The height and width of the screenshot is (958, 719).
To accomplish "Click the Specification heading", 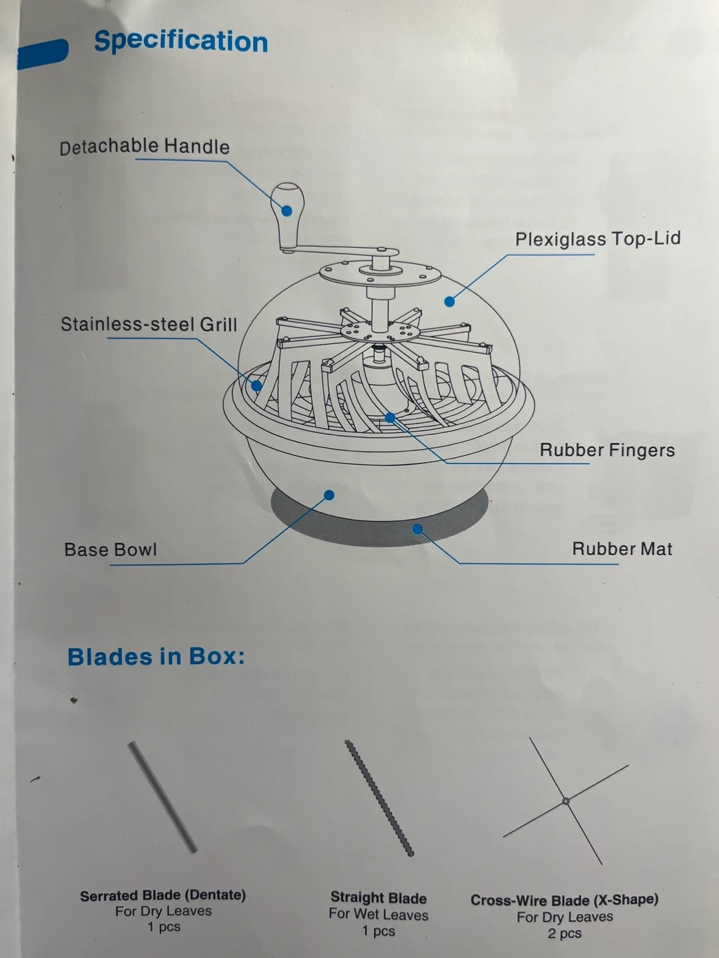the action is [180, 43].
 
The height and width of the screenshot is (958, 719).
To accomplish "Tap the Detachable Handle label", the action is [144, 146].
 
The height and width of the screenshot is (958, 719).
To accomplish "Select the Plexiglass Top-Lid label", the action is [598, 239].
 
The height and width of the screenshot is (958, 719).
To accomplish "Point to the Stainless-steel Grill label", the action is [149, 324].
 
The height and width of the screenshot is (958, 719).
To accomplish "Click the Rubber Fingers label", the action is [607, 450].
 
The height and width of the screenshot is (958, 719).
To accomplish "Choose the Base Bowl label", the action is [111, 550].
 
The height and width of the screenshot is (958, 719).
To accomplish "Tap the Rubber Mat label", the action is [622, 549].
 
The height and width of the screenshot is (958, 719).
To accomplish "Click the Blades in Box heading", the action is [156, 657].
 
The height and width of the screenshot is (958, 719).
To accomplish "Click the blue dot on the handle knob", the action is [287, 211].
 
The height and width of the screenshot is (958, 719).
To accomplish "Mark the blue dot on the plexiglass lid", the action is [449, 301].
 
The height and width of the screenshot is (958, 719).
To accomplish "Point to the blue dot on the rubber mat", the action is [417, 529].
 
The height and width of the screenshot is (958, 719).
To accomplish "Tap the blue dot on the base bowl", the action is [329, 495].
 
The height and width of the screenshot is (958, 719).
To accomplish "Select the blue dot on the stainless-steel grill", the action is [256, 385].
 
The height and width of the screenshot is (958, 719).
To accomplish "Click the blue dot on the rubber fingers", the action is [390, 418].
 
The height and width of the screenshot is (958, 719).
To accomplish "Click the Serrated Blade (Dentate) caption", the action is [163, 895].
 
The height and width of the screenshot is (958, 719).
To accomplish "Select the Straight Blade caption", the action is [379, 897].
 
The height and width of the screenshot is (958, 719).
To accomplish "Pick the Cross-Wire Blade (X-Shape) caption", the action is [565, 899].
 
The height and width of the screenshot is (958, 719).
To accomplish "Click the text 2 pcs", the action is [565, 933].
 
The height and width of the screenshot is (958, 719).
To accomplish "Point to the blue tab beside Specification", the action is [43, 54].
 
